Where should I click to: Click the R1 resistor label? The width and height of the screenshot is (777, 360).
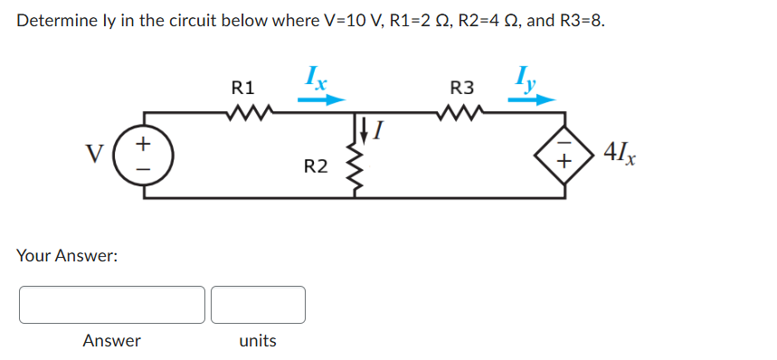click(x=243, y=89)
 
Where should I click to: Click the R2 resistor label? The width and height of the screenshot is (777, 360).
click(x=316, y=166)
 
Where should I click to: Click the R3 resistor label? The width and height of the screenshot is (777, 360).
click(x=461, y=89)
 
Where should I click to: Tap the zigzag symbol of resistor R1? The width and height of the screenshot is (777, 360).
click(x=244, y=113)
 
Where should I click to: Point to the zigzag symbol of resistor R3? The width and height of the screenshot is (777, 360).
click(x=461, y=113)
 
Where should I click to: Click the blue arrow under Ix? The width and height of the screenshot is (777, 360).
click(x=321, y=100)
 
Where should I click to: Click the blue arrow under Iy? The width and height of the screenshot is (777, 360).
click(x=529, y=100)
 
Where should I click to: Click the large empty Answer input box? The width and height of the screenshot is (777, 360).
click(x=111, y=305)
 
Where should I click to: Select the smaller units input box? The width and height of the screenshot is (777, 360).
click(x=258, y=305)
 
